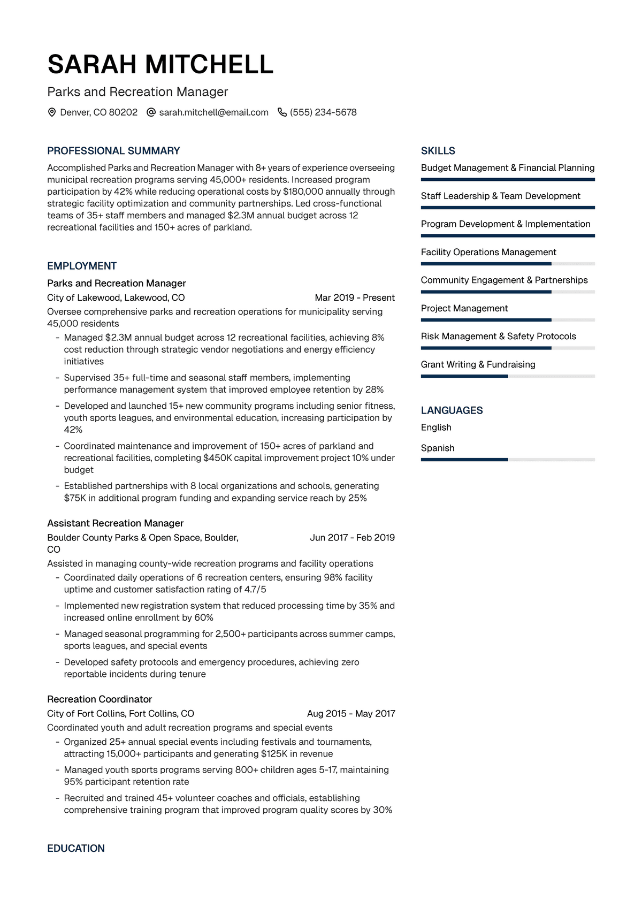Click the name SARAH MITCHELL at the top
point(160,65)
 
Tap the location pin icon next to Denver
point(52,112)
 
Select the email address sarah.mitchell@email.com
point(213,112)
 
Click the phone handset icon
point(282,112)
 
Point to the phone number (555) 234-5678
point(323,112)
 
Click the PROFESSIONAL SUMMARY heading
point(113,151)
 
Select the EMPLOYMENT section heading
point(82,266)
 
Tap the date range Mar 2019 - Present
point(355,297)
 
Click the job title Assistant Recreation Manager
point(115,523)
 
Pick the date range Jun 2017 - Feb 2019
point(352,537)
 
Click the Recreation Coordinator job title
point(100,699)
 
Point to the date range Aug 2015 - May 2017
point(351,713)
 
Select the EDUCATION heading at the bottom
point(76,848)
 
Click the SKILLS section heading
point(438,151)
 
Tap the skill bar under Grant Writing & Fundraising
point(508,376)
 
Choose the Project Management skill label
point(464,308)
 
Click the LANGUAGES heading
point(452,410)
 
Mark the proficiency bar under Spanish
point(508,460)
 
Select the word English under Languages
point(436,428)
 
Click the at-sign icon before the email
point(151,112)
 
